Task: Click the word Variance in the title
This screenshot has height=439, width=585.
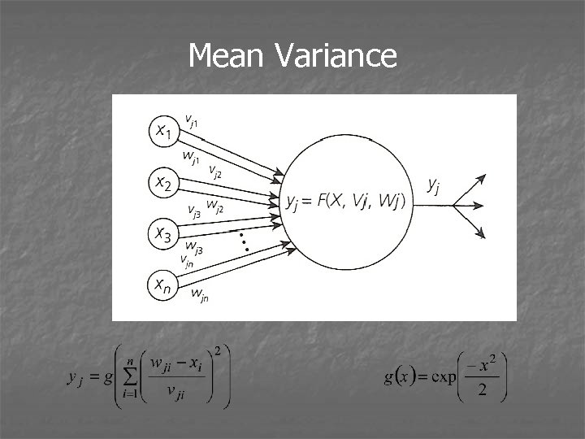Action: (x=336, y=56)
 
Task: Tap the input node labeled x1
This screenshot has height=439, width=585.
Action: (x=164, y=130)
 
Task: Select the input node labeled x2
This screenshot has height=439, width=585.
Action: (x=164, y=184)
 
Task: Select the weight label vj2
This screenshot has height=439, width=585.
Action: (x=216, y=171)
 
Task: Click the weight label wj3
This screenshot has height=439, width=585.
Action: (x=194, y=245)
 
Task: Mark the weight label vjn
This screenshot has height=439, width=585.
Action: (x=188, y=260)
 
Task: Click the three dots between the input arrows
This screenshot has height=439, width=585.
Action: (x=240, y=239)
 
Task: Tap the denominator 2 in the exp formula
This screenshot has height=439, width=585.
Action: (x=482, y=393)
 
